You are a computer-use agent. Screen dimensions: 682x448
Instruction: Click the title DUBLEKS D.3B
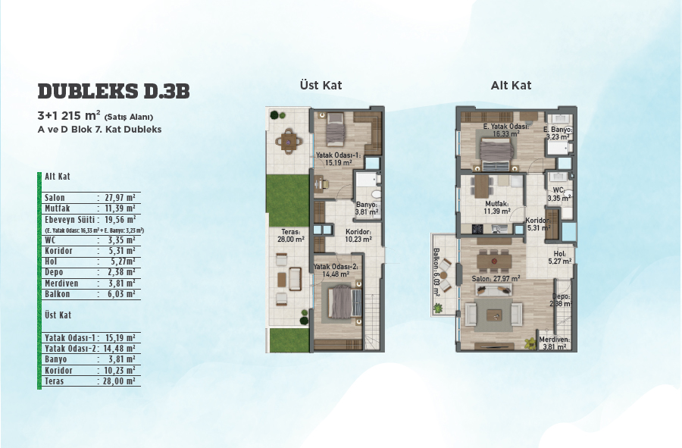click(x=114, y=91)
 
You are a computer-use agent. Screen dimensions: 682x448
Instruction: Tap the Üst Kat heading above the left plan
click(x=321, y=85)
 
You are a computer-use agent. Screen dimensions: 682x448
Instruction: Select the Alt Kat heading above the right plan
click(x=511, y=85)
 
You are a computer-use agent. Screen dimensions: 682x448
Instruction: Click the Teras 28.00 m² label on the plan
click(x=290, y=236)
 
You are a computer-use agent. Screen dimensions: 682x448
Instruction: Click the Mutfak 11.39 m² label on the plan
click(x=497, y=208)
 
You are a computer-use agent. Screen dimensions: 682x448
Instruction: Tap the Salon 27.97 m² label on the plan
click(x=496, y=279)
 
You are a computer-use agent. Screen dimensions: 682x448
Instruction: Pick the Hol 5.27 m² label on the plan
click(x=560, y=258)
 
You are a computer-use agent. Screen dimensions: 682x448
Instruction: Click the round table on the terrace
click(x=288, y=141)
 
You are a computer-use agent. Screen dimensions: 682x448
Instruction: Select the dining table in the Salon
click(x=493, y=261)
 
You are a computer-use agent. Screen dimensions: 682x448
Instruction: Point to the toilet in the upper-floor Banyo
click(x=376, y=194)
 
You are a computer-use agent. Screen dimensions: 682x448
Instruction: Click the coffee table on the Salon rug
click(x=493, y=315)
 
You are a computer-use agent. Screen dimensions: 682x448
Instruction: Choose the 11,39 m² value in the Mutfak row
click(x=120, y=208)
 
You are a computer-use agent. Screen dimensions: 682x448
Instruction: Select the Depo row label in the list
click(x=54, y=272)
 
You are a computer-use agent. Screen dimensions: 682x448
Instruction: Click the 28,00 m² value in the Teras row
click(x=119, y=381)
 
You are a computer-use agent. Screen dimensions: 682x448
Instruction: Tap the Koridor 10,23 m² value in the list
click(x=120, y=371)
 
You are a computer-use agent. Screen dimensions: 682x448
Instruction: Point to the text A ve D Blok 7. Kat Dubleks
click(x=99, y=130)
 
